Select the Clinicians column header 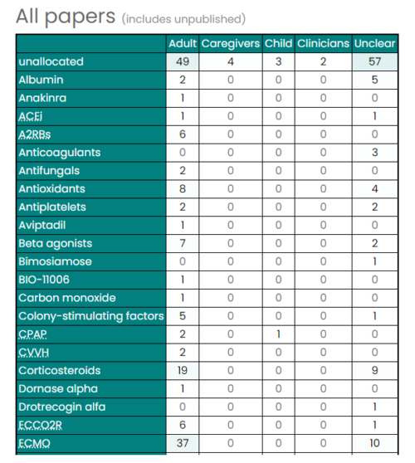(323, 43)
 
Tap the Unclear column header (374, 43)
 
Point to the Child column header (278, 43)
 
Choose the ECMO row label (34, 443)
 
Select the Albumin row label (41, 80)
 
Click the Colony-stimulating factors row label (90, 316)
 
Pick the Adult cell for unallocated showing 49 (183, 61)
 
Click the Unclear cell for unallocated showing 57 (374, 61)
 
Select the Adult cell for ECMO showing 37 (183, 443)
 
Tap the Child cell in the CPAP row (278, 334)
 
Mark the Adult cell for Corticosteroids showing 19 (183, 370)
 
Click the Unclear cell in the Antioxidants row (374, 189)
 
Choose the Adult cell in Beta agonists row (183, 243)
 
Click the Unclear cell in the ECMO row (374, 443)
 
